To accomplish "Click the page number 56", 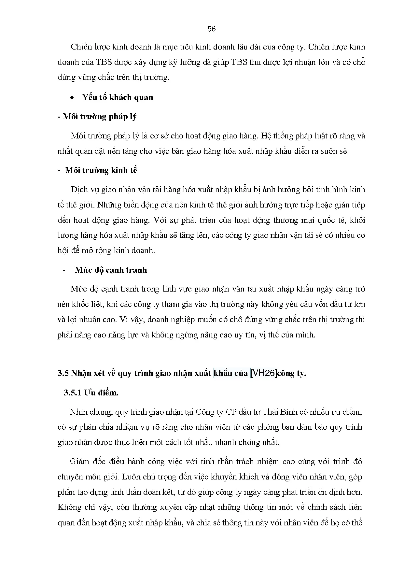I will point(211,29).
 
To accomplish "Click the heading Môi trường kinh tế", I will point(101,170).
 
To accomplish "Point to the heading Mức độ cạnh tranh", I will point(111,270).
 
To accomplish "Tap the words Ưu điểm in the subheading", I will point(101,393).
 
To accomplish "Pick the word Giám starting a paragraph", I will point(79,462).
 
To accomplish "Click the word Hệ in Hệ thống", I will point(266,136).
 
